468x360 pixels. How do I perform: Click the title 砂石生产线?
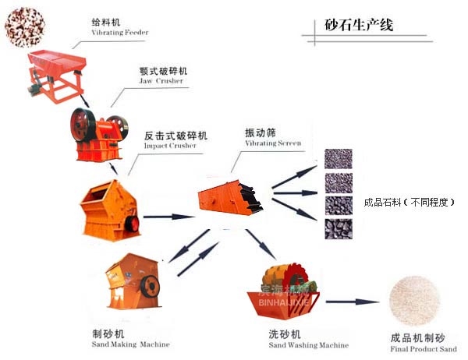click(360, 25)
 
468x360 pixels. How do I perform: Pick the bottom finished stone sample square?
click(338, 228)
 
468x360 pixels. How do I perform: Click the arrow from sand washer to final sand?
click(351, 302)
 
